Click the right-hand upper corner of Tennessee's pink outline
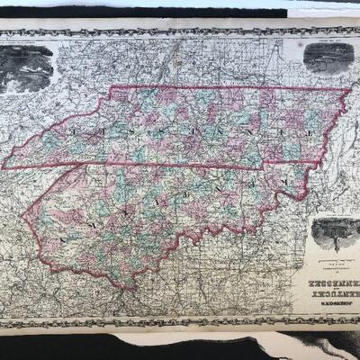click(x=350, y=89)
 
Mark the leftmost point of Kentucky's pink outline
click(x=22, y=216)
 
